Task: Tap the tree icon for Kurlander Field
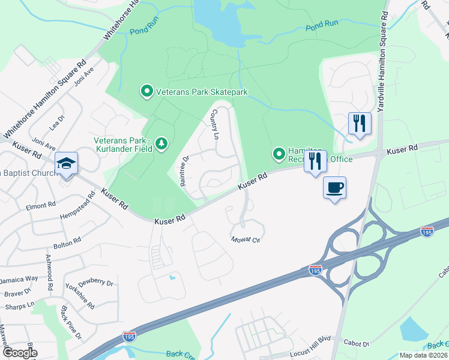161,143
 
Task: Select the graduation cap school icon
65,163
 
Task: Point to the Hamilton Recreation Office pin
279,155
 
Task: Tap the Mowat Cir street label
246,239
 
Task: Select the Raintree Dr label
185,170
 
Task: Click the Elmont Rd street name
41,206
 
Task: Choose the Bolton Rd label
67,242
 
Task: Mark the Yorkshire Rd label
80,296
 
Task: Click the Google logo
20,352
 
